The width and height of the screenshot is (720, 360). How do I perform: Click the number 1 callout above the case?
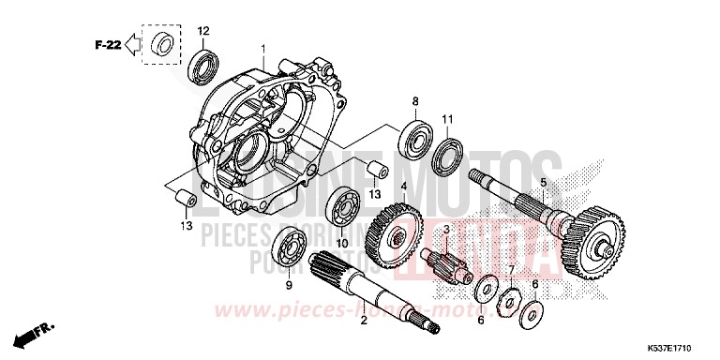tap(263, 48)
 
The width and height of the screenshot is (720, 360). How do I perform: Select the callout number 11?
tap(448, 118)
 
